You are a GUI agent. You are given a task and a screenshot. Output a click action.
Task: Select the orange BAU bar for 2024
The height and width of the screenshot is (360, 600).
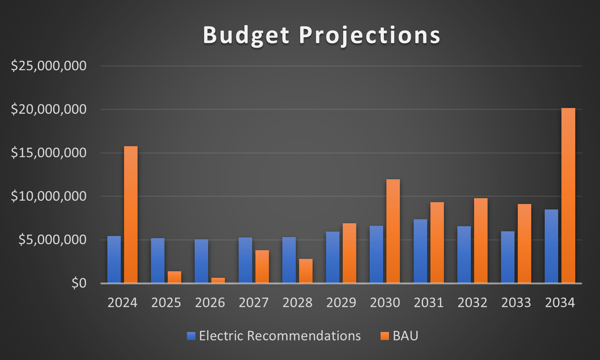coord(131,215)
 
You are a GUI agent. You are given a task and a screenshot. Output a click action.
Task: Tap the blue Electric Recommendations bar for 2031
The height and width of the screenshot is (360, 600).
coord(420,251)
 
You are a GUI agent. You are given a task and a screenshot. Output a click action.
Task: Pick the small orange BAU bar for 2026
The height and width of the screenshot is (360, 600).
coord(218,280)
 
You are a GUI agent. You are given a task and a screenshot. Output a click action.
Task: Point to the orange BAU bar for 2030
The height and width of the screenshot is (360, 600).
coord(393,231)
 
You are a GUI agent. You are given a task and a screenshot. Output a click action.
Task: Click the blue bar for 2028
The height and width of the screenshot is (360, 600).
coord(289,260)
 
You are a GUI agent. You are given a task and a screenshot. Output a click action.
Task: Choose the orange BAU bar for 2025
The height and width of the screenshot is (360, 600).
coord(174,277)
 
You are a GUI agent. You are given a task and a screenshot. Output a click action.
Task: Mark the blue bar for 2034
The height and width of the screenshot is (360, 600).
coord(551,246)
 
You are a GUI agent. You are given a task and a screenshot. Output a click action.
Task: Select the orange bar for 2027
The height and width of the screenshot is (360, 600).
coord(262,267)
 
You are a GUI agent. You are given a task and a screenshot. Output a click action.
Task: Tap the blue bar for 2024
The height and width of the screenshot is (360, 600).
coord(114,259)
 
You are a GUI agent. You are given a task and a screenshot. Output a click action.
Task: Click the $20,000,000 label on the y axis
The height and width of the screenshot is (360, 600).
coord(49,109)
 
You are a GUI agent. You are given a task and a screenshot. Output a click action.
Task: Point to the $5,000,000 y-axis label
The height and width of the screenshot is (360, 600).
coord(52,240)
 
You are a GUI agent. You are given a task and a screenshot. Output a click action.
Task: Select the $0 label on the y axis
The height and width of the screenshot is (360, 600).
coord(79,283)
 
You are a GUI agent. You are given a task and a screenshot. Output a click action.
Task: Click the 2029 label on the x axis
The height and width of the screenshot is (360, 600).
coord(341,303)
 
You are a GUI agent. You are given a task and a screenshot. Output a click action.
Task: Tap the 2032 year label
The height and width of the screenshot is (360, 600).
coord(472,303)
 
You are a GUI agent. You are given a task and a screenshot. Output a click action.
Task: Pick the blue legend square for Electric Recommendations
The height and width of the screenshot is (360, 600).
coord(191,336)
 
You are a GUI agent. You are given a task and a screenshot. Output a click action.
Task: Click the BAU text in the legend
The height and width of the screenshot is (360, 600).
coord(405,336)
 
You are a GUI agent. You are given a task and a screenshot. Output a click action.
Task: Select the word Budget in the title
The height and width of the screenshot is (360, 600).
coord(246,35)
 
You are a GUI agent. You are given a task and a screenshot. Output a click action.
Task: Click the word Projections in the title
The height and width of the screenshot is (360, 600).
coord(370,35)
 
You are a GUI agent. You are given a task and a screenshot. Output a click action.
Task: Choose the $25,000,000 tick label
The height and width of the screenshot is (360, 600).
coord(49,66)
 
